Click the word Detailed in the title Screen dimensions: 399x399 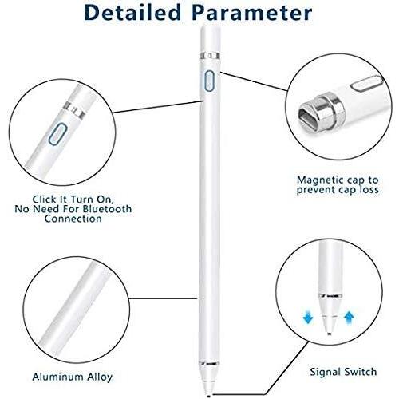(x=132, y=13)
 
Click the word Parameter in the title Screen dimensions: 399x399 (x=252, y=13)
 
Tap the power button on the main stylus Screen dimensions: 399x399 (x=209, y=81)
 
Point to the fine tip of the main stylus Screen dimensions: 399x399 (x=209, y=395)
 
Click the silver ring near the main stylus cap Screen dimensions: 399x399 (x=210, y=56)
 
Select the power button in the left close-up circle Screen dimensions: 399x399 (x=58, y=134)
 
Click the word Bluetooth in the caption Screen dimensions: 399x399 (x=107, y=209)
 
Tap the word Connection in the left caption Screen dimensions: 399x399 (x=73, y=219)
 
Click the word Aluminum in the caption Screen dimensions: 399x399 (x=54, y=377)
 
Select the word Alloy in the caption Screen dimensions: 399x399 (x=97, y=377)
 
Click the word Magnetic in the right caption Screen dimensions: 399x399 (x=320, y=180)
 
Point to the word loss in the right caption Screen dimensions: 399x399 (x=368, y=190)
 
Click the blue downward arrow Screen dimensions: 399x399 (x=308, y=317)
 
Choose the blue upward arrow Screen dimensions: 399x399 (x=349, y=317)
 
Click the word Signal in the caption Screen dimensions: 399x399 (x=325, y=373)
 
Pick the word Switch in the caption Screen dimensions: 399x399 (x=360, y=372)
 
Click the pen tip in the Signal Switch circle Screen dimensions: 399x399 (x=329, y=332)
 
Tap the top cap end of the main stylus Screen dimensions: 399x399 (x=210, y=26)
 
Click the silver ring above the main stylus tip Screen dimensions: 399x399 (x=209, y=363)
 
